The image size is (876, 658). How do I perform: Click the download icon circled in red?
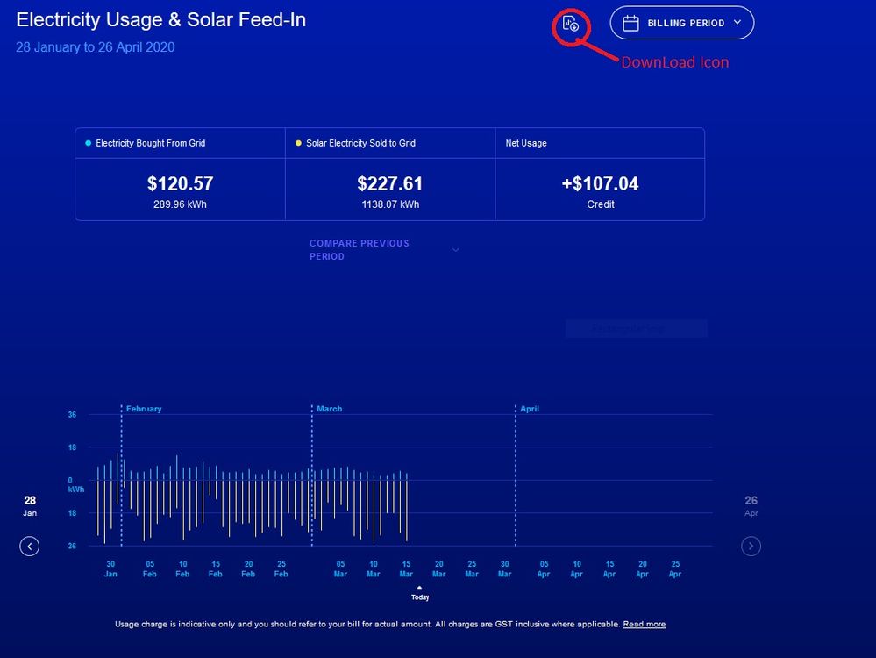[x=570, y=24]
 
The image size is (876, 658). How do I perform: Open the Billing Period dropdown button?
[x=681, y=24]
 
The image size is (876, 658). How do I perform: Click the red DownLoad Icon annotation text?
[x=674, y=62]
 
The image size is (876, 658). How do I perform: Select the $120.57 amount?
[x=180, y=184]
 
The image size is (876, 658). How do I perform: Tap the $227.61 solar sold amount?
[x=389, y=184]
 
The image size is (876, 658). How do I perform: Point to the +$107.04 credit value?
[x=600, y=184]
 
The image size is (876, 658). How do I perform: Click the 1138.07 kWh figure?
[x=389, y=204]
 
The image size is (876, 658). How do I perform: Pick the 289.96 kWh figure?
[x=180, y=204]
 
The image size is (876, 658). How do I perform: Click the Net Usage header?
[x=526, y=143]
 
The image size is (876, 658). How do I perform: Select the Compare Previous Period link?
[x=360, y=250]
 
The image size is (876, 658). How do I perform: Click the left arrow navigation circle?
[x=30, y=547]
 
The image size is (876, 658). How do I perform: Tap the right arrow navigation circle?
[x=751, y=547]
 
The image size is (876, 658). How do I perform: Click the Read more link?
[x=644, y=625]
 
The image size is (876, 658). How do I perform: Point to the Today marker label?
[x=420, y=597]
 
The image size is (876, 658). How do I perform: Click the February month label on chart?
[x=144, y=409]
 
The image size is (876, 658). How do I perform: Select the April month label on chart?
[x=530, y=409]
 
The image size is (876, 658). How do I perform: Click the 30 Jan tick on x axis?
[x=110, y=569]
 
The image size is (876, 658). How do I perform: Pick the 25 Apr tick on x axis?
[x=675, y=569]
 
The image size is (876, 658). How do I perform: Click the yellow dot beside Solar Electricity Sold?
[x=298, y=143]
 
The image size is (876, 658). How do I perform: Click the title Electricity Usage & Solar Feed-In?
[x=161, y=19]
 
